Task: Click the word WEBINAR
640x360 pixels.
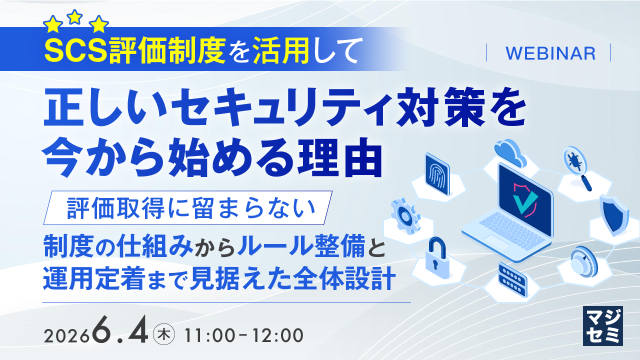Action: coord(550,53)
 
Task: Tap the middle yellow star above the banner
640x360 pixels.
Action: coord(75,17)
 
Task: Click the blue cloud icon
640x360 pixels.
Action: coord(511,152)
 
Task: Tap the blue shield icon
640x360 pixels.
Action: coord(613,215)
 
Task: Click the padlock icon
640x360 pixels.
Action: coord(437,258)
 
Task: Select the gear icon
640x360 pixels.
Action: coord(405,217)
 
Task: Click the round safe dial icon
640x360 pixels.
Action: coord(583,261)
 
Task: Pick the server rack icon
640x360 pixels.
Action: coord(512,279)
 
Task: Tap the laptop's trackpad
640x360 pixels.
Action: coord(496,241)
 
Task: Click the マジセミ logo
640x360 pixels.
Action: coord(603,325)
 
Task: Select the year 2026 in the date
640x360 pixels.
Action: coord(66,336)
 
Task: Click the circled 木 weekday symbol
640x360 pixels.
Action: coord(164,335)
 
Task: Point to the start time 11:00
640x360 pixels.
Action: coord(209,335)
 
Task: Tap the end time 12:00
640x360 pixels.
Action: coord(277,335)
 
